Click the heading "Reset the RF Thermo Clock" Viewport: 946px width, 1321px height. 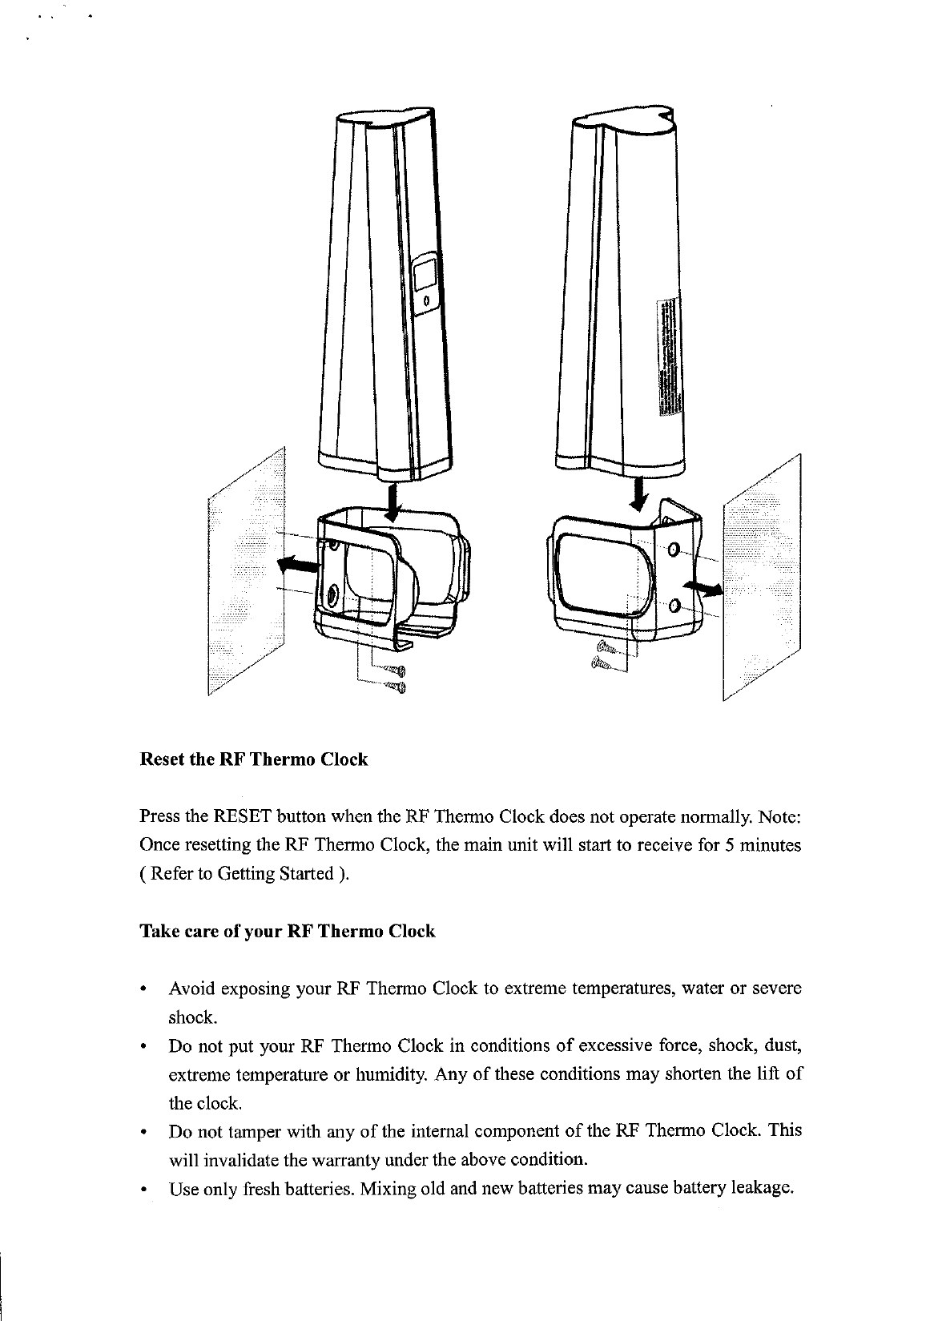(x=254, y=759)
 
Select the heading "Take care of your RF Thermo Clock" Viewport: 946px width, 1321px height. (x=288, y=932)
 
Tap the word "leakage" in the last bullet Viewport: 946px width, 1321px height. (x=761, y=1187)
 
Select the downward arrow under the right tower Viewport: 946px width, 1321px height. (x=638, y=491)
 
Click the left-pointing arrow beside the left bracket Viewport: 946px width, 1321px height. (x=296, y=566)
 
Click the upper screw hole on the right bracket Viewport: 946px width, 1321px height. (x=672, y=550)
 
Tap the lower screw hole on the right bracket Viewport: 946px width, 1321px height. (x=674, y=605)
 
